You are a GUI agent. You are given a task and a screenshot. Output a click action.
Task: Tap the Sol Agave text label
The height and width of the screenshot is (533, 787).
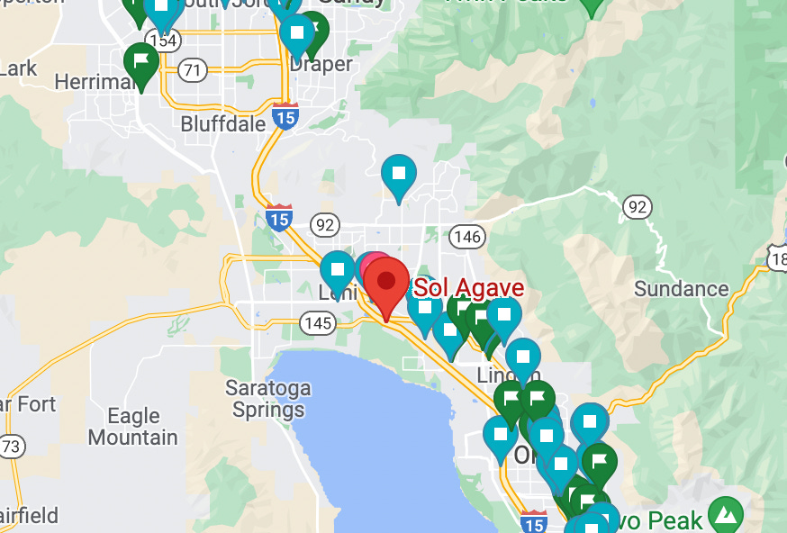[x=468, y=289]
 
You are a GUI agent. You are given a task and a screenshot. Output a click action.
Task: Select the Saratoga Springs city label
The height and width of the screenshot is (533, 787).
[x=268, y=399]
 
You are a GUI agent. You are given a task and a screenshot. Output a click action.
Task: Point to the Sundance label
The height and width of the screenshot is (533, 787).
[x=681, y=289]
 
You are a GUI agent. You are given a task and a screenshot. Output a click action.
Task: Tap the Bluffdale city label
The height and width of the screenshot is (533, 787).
[x=224, y=123]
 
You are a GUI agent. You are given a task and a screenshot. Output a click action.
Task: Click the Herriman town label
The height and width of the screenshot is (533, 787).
[x=94, y=82]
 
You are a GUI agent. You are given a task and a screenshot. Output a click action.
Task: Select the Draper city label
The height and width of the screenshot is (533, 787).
[x=321, y=66]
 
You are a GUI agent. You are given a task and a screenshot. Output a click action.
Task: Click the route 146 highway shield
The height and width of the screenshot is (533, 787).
[x=468, y=236]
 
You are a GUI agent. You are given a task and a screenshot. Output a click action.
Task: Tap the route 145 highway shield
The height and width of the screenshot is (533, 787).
[x=319, y=321]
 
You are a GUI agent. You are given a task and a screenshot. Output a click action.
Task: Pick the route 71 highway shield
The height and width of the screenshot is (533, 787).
[x=191, y=69]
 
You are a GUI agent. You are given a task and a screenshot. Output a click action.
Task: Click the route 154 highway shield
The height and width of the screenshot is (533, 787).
[x=164, y=41]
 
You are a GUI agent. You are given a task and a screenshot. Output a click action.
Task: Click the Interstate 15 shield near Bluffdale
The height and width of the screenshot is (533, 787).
[x=285, y=116]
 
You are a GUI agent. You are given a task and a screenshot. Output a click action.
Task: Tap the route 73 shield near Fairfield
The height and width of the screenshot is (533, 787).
[x=11, y=446]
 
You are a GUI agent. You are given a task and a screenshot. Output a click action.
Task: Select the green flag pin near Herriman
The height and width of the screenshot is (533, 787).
[x=141, y=61]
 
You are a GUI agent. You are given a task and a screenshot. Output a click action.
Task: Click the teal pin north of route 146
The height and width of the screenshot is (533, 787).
[x=399, y=174]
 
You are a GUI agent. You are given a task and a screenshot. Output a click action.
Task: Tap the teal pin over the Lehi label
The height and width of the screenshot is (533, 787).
[x=338, y=270]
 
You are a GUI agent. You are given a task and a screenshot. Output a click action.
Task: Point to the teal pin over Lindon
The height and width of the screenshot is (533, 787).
[x=522, y=357]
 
